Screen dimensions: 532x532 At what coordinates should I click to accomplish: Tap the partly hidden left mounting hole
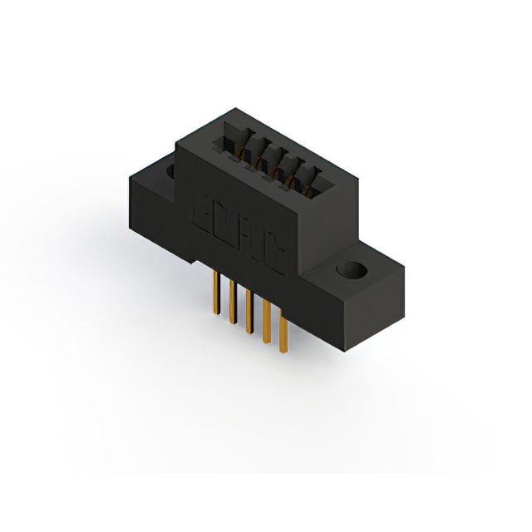170,172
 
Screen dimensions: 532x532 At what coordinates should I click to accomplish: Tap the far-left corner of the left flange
127,177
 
